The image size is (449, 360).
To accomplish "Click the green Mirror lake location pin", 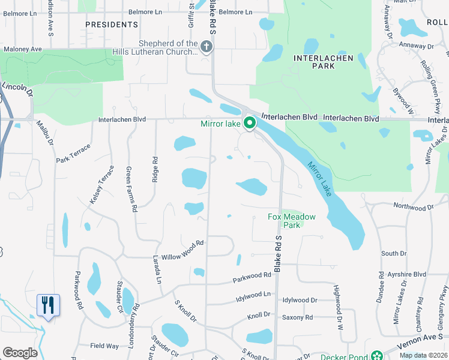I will click(x=250, y=124).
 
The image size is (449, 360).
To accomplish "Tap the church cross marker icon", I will click(x=206, y=47).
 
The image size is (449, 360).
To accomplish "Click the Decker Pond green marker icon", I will click(x=376, y=355).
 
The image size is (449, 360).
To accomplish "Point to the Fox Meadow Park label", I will click(x=283, y=221).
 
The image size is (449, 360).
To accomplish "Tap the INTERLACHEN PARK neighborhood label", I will click(x=315, y=62).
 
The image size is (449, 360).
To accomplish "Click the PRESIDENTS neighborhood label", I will click(x=112, y=25).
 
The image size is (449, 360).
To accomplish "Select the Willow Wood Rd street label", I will click(x=183, y=245).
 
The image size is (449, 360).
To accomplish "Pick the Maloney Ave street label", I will click(x=22, y=49).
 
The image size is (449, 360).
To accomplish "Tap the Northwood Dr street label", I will click(x=413, y=206).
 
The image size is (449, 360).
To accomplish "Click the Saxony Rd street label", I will click(x=298, y=317).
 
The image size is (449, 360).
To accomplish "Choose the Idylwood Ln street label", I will click(x=253, y=295).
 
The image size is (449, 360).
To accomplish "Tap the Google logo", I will click(x=20, y=353).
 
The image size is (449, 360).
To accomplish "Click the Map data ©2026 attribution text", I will click(x=423, y=355).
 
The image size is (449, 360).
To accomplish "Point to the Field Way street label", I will click(x=104, y=346).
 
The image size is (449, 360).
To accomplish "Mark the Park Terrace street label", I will click(x=73, y=153).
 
